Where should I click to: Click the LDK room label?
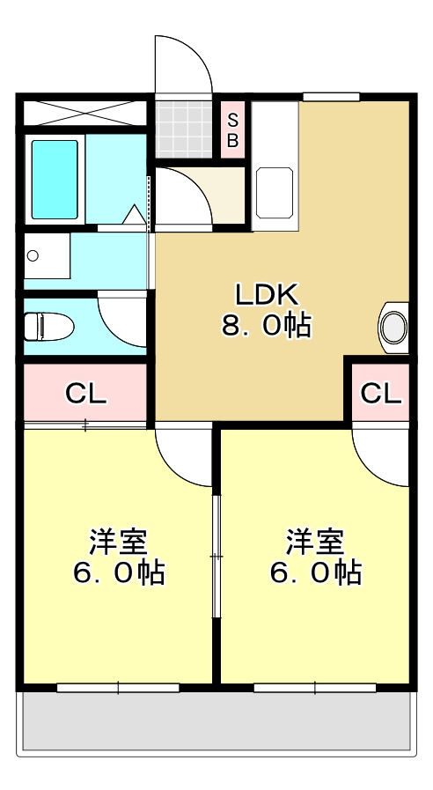267,293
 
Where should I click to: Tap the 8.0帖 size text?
265,326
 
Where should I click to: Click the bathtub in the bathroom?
55,179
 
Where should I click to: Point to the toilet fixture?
44,327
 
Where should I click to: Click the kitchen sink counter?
275,190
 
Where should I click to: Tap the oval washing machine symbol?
393,326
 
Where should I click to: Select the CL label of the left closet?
85,394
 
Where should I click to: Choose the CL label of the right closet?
381,394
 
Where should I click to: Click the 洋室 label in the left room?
118,539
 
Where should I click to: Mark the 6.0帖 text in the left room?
118,573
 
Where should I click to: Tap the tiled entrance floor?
184,129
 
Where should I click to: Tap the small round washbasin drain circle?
33,256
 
